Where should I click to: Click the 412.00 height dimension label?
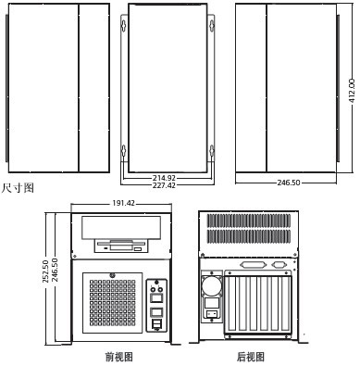[x=352, y=89]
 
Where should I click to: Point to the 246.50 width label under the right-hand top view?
[x=289, y=183]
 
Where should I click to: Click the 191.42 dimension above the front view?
[x=123, y=203]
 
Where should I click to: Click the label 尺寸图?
[x=18, y=188]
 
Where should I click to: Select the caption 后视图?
[x=250, y=357]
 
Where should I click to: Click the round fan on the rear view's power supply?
[x=212, y=283]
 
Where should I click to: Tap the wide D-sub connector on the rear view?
[x=251, y=265]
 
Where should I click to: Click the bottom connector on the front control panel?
[x=155, y=325]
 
